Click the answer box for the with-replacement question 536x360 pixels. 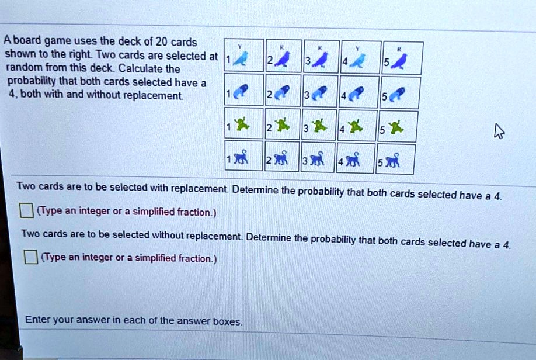[26, 210]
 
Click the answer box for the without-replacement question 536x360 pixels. [31, 257]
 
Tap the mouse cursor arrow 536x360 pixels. [499, 131]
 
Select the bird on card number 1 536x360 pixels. [241, 58]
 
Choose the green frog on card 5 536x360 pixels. [395, 127]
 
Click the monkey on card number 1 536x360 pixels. [241, 157]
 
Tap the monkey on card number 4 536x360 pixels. [353, 159]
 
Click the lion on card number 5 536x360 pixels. [397, 94]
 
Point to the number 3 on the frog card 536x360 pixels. [307, 129]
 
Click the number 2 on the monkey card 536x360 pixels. [269, 160]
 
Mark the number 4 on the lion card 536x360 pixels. [343, 96]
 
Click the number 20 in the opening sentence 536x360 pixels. [161, 41]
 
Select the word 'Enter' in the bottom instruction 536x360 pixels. [37, 319]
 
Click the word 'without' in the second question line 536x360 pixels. [168, 235]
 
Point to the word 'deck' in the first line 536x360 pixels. [130, 41]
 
